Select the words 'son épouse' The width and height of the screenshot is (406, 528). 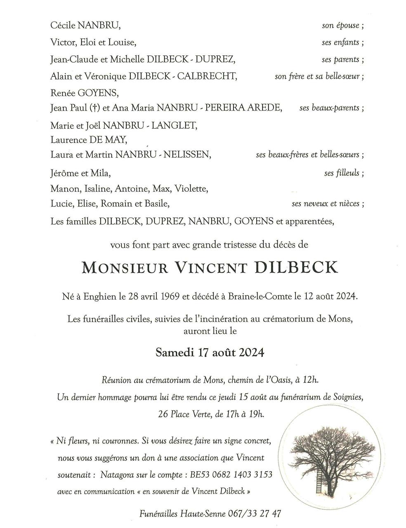coord(340,26)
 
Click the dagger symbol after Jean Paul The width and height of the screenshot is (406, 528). coord(94,108)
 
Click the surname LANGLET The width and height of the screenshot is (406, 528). coord(174,125)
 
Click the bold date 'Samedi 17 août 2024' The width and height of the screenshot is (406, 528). coord(210,353)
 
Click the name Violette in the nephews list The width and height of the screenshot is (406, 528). coord(191,189)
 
